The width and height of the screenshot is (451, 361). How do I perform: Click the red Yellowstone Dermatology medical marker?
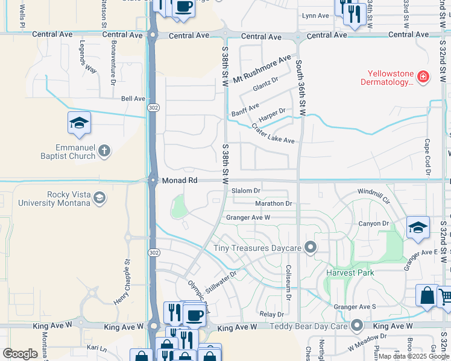[x=423, y=76]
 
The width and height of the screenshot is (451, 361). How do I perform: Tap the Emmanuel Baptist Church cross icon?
[x=104, y=150]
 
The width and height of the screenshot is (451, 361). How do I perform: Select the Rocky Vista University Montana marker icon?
[x=99, y=197]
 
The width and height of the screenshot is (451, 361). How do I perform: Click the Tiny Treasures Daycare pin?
[x=311, y=247]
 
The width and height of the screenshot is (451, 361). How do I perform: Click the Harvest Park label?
[x=350, y=273]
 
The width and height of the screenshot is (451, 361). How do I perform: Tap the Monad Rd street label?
[x=180, y=180]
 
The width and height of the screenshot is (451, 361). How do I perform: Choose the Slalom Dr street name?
[x=246, y=191]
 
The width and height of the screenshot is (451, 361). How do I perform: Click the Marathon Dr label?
[x=273, y=203]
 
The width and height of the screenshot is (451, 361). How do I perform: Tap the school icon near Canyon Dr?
[x=418, y=227]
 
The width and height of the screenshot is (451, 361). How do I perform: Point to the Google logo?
[x=20, y=354]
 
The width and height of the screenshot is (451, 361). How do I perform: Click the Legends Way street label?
[x=89, y=57]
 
